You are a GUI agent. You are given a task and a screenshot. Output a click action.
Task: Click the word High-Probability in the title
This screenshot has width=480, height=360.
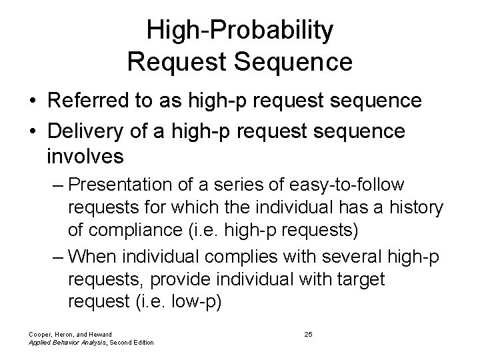[240, 30]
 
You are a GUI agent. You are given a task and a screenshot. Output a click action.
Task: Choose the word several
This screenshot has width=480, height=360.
[355, 255]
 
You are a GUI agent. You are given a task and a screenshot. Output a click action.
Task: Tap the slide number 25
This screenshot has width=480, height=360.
[308, 333]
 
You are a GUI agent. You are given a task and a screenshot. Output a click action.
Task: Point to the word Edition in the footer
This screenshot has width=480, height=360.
[141, 342]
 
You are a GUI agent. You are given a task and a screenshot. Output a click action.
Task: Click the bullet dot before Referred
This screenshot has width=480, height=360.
[31, 101]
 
